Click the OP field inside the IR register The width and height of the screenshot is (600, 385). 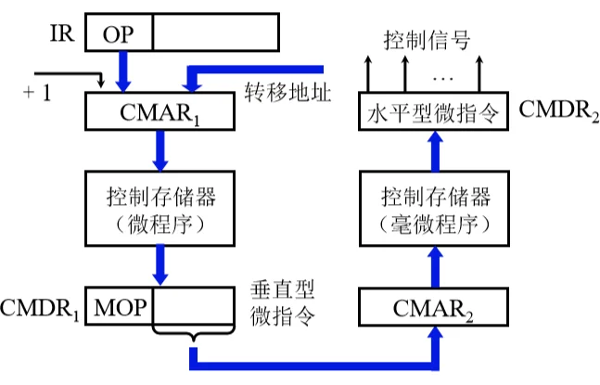click(x=118, y=34)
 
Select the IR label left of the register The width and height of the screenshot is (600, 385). click(x=62, y=34)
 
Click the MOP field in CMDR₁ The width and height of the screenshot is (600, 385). click(x=120, y=305)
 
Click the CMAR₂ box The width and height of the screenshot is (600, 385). click(x=434, y=305)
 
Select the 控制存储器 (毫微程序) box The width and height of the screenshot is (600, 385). click(x=434, y=208)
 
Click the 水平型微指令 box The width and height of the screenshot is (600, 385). click(x=434, y=115)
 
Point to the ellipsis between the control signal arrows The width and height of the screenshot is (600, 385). click(x=441, y=70)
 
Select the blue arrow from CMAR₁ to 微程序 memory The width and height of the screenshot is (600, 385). click(x=160, y=150)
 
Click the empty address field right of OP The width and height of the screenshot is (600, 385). click(x=213, y=34)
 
